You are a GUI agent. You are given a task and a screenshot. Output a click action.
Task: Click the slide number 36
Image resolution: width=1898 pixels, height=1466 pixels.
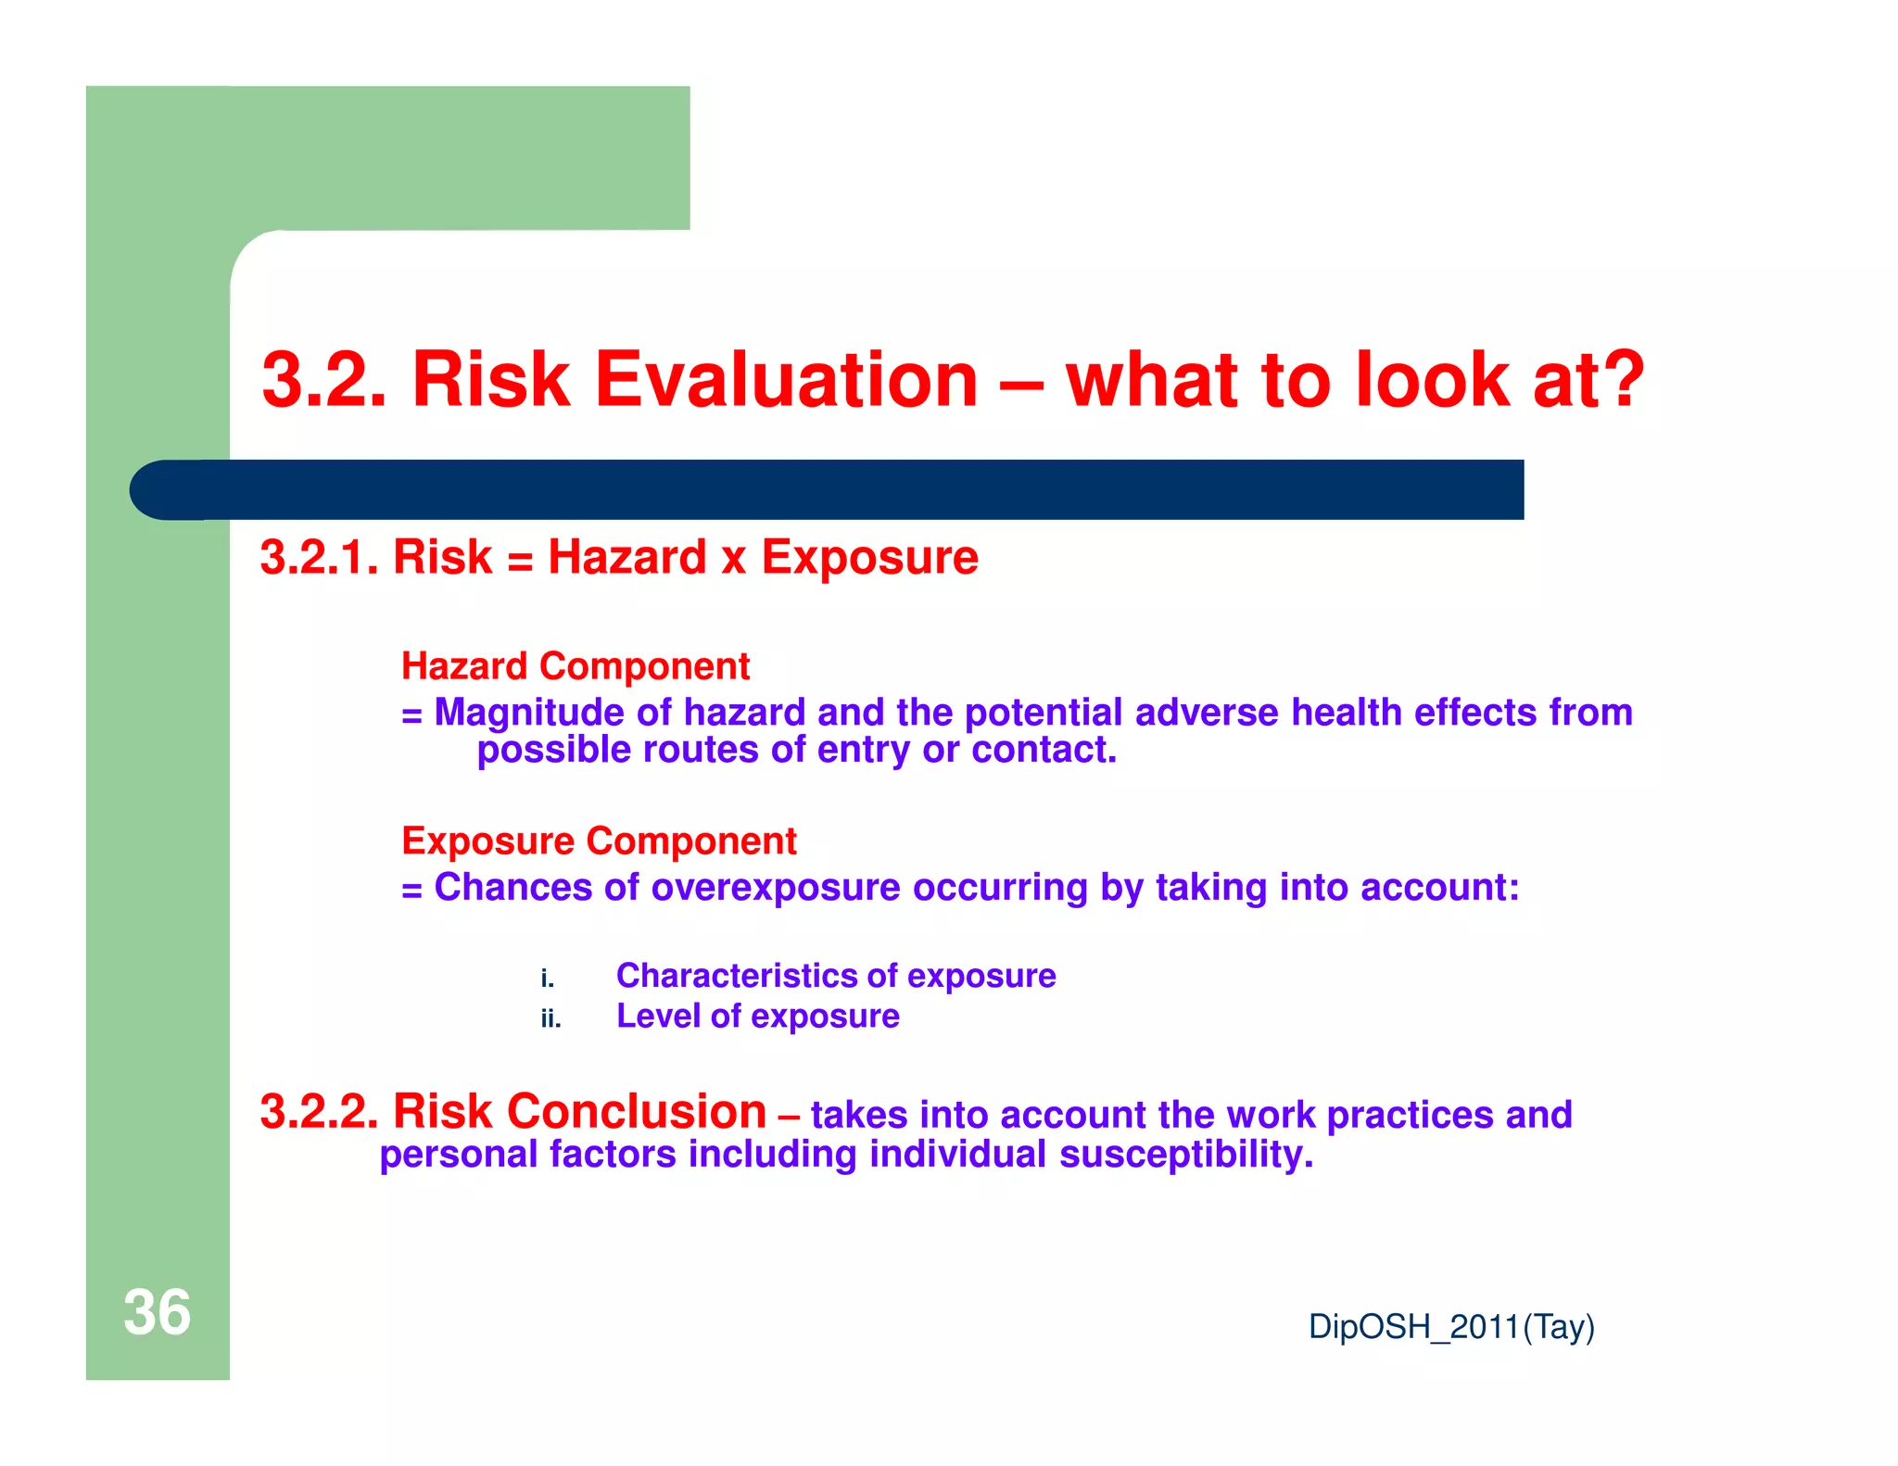pos(157,1312)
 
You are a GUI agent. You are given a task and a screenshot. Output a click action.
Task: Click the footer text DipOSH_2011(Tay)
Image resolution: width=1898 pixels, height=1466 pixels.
pos(1450,1327)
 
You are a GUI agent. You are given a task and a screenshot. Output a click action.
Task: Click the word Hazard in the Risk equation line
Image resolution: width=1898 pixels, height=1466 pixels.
pos(627,558)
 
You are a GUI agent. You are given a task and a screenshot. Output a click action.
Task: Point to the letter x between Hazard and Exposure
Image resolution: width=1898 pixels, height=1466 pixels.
pos(733,561)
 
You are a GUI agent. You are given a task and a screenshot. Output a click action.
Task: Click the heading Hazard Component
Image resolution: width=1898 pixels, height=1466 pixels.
pos(575,666)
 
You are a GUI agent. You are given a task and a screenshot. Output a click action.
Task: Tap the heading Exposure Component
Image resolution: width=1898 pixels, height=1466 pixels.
pos(599,841)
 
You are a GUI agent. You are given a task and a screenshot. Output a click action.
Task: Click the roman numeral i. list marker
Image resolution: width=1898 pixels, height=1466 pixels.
pos(547,979)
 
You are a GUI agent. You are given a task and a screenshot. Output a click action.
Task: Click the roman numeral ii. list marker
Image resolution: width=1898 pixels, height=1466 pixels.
pos(550,1019)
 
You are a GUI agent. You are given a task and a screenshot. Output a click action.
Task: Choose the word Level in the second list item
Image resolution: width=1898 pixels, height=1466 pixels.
pos(658,1017)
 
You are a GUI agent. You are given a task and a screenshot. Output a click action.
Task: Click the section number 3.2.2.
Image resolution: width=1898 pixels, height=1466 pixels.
pos(319,1112)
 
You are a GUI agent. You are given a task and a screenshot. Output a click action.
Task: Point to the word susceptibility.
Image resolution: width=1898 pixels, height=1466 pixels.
pos(1186,1156)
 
